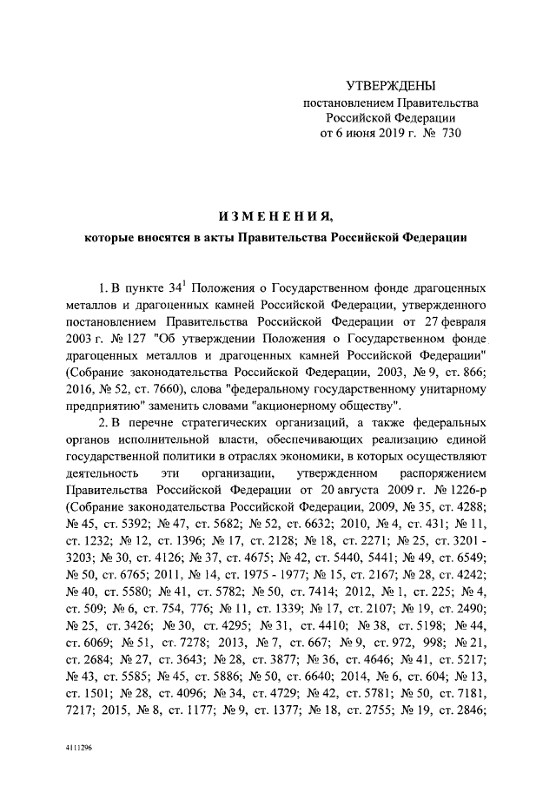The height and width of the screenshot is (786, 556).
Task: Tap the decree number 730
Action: click(x=447, y=134)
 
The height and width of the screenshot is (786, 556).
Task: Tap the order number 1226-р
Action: click(x=463, y=490)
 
